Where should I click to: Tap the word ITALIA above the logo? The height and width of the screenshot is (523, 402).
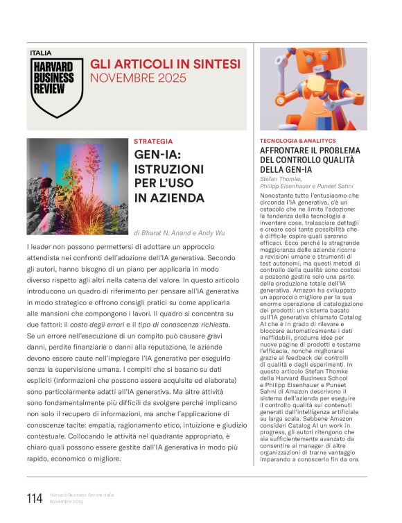pyautogui.click(x=41, y=53)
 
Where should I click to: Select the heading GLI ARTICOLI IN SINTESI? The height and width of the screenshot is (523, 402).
pyautogui.click(x=166, y=64)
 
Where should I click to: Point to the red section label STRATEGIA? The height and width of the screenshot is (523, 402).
pyautogui.click(x=153, y=142)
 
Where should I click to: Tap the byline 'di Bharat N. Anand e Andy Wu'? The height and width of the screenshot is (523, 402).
pyautogui.click(x=179, y=233)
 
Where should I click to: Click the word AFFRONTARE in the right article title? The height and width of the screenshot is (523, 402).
pyautogui.click(x=286, y=151)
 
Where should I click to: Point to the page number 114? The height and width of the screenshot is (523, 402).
pyautogui.click(x=35, y=498)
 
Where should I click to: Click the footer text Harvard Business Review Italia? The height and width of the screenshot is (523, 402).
pyautogui.click(x=82, y=495)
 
